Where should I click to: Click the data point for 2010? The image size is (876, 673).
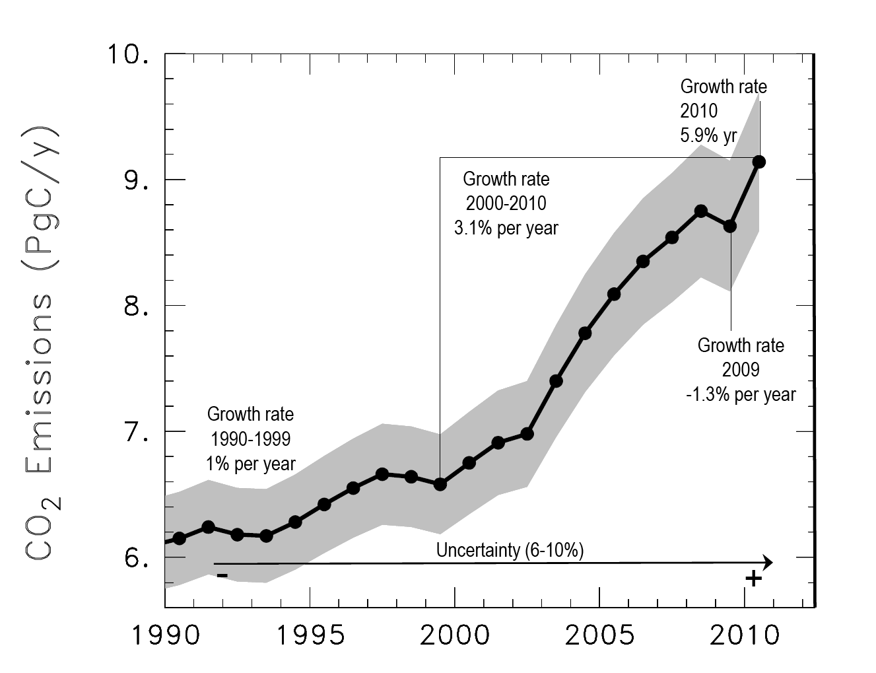click(x=759, y=162)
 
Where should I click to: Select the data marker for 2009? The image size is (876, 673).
click(x=730, y=227)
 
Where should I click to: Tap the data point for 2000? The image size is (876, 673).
click(x=469, y=463)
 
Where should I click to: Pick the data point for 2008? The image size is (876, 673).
click(x=701, y=211)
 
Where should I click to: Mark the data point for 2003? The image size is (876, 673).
click(x=556, y=381)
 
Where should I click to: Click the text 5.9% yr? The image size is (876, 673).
click(x=708, y=135)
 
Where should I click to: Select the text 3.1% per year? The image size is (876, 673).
click(x=506, y=229)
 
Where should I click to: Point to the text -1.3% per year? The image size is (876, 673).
click(x=741, y=395)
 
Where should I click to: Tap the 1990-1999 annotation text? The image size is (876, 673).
click(x=251, y=439)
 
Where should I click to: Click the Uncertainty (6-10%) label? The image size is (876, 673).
click(x=510, y=550)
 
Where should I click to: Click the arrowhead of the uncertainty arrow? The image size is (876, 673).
click(x=768, y=563)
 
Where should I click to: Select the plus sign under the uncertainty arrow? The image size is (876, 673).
click(x=753, y=579)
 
